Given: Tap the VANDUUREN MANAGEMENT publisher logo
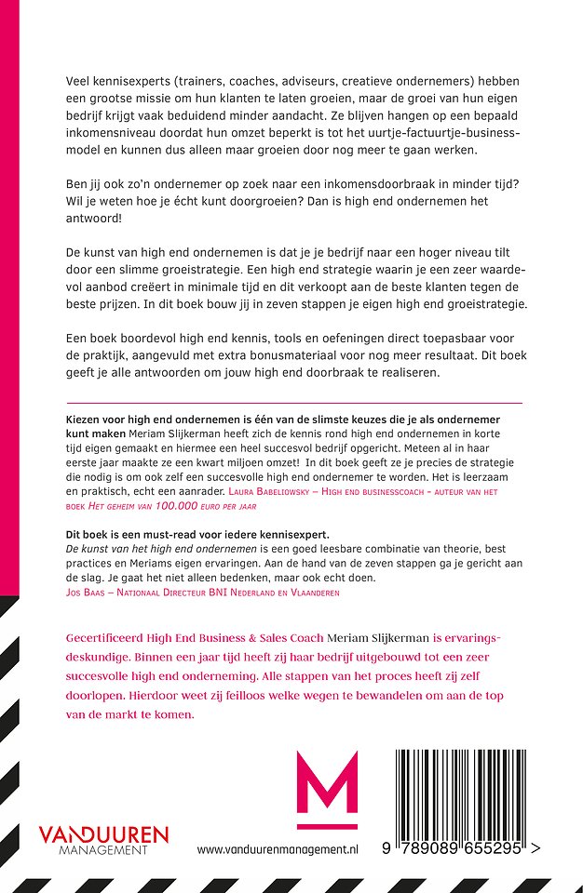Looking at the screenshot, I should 102,838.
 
